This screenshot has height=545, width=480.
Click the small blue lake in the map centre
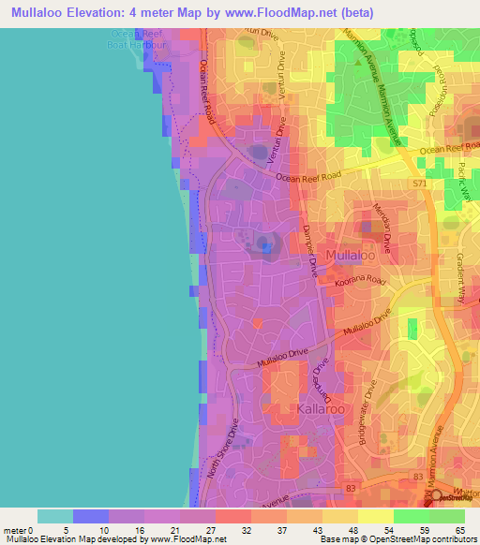tap(267, 248)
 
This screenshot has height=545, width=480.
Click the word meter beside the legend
tap(15, 531)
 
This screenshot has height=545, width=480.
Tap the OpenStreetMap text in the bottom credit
tap(398, 540)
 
